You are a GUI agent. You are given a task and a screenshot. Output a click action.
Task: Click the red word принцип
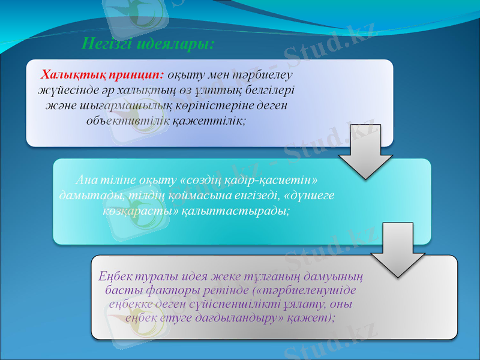136,76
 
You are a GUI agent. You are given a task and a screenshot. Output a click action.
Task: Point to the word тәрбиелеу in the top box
265,76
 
